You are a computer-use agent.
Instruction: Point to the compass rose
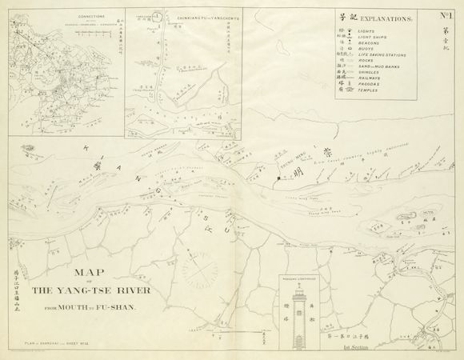pyautogui.click(x=194, y=262)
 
